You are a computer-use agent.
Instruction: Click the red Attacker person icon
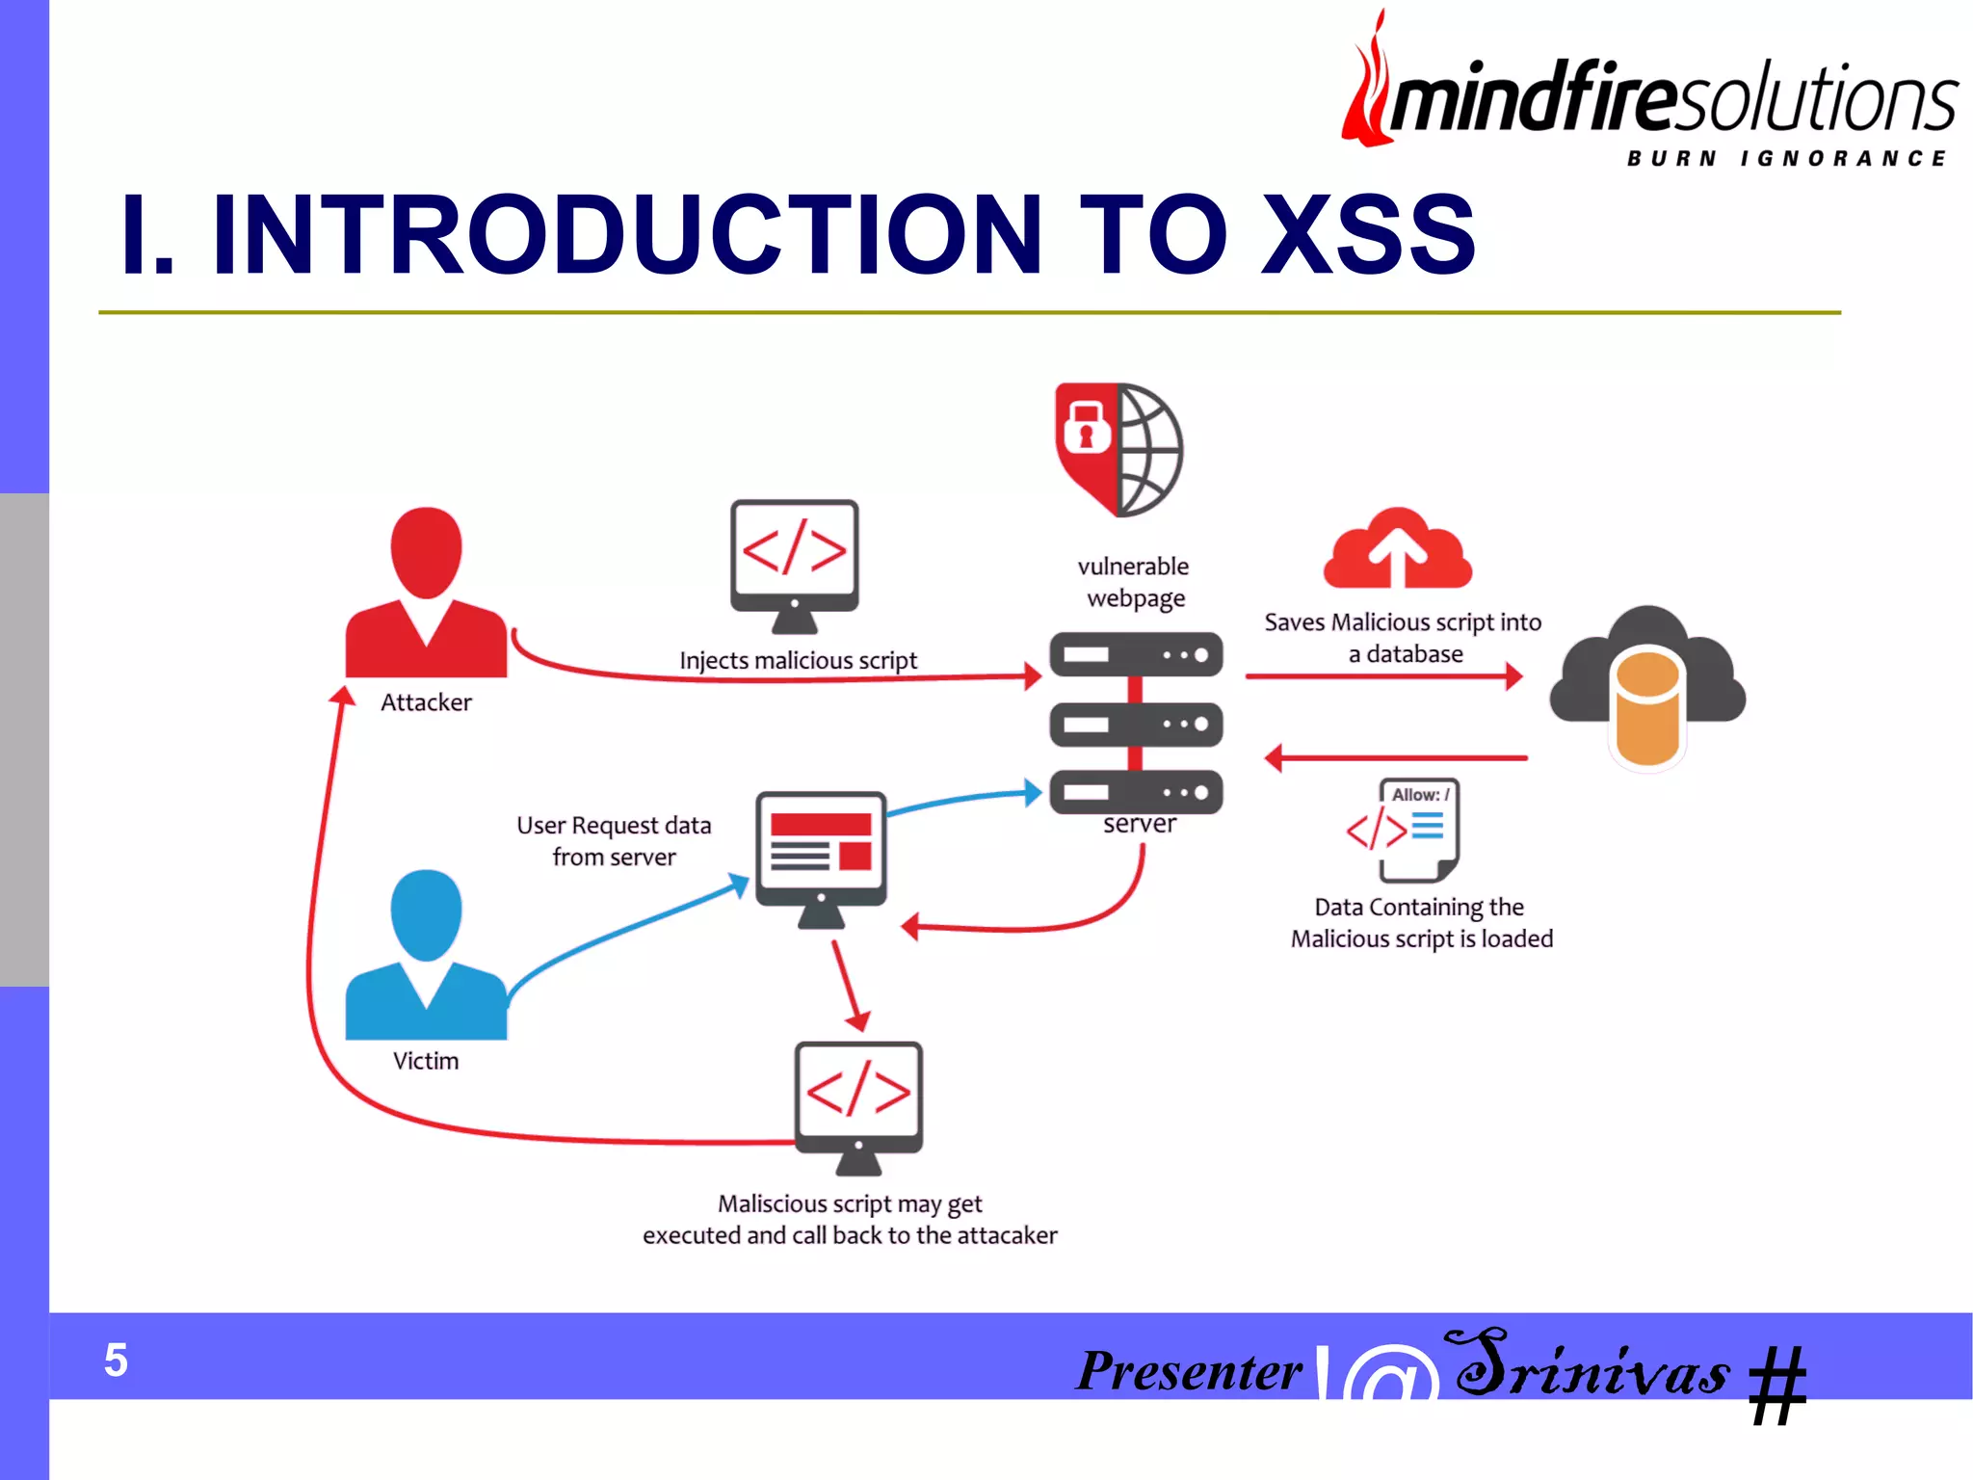(x=426, y=593)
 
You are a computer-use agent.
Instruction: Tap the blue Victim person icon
(x=426, y=954)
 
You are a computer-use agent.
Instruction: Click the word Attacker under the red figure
(x=426, y=702)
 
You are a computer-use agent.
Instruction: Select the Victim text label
(x=426, y=1061)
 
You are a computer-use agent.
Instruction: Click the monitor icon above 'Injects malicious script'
(x=794, y=563)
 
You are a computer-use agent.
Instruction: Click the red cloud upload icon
(x=1397, y=549)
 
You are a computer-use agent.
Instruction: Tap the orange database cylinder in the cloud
(x=1647, y=708)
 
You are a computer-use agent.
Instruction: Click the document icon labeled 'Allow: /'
(x=1418, y=829)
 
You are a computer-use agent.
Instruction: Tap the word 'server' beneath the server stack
(x=1140, y=824)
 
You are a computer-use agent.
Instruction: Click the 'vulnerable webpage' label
(x=1134, y=582)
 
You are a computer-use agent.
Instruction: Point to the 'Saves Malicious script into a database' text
(x=1403, y=638)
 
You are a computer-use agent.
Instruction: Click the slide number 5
(x=116, y=1361)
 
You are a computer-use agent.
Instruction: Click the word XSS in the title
(x=1368, y=234)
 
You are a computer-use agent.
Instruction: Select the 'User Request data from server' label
(x=614, y=841)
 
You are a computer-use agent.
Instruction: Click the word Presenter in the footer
(x=1189, y=1370)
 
